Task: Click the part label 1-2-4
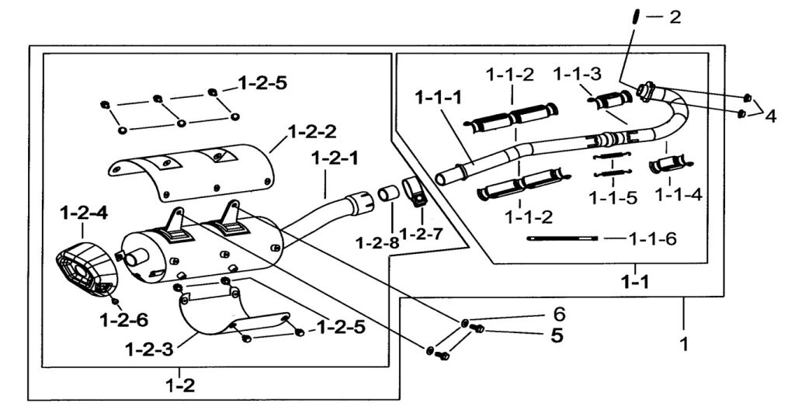84,213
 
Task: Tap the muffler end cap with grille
87,269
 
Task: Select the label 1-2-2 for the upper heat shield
312,132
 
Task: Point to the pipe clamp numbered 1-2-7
415,192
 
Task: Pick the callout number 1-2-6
124,320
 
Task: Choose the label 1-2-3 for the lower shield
149,349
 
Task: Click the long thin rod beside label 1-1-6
563,238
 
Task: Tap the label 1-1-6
652,238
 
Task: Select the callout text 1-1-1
439,97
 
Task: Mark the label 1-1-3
577,74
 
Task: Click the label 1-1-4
679,194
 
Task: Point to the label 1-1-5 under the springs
613,197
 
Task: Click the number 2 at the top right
675,17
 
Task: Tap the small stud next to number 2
634,17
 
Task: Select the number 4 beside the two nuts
770,116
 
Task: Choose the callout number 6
559,314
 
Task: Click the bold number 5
557,335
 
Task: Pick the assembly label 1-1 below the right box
635,282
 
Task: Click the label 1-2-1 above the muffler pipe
335,158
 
